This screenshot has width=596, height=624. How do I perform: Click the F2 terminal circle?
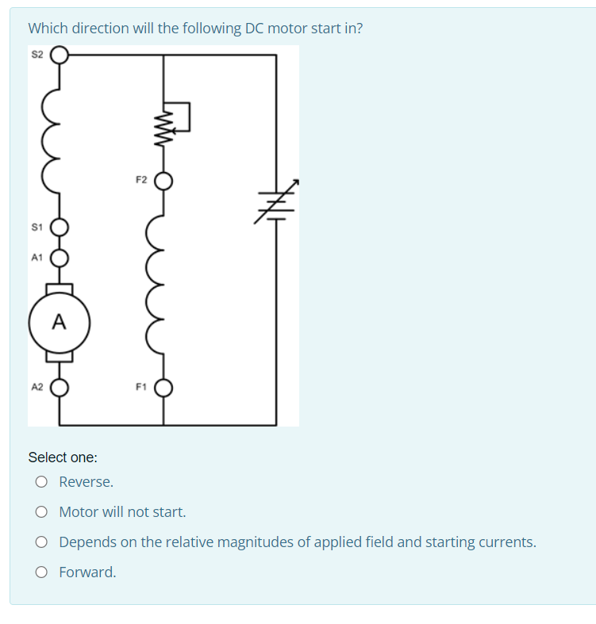click(x=163, y=182)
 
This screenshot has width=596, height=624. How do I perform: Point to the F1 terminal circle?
click(x=163, y=389)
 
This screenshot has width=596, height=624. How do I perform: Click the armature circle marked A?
click(x=60, y=323)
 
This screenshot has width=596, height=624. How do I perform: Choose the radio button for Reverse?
click(x=40, y=482)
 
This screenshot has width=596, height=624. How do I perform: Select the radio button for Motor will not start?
click(x=40, y=512)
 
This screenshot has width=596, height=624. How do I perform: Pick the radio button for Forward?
click(x=40, y=572)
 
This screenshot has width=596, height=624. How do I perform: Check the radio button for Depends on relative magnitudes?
click(x=40, y=542)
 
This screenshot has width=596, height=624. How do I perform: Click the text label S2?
click(x=37, y=55)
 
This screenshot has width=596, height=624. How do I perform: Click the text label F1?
click(x=140, y=388)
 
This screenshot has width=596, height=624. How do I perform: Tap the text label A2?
click(x=37, y=388)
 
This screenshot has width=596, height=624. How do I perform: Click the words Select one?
click(x=63, y=457)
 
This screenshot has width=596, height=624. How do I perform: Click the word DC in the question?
click(x=254, y=29)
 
